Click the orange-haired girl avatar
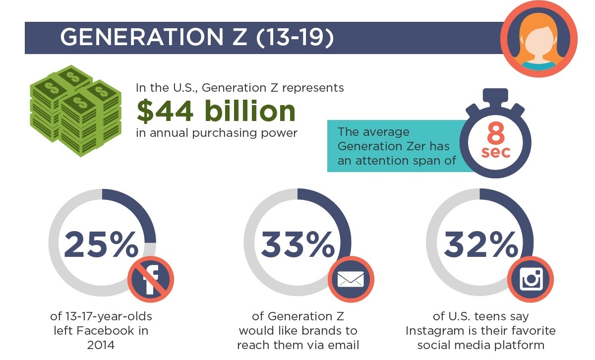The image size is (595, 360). click(x=538, y=39)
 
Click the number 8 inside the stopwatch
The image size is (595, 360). click(x=495, y=133)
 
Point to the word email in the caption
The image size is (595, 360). click(x=343, y=345)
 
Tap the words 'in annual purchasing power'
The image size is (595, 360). click(x=217, y=133)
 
